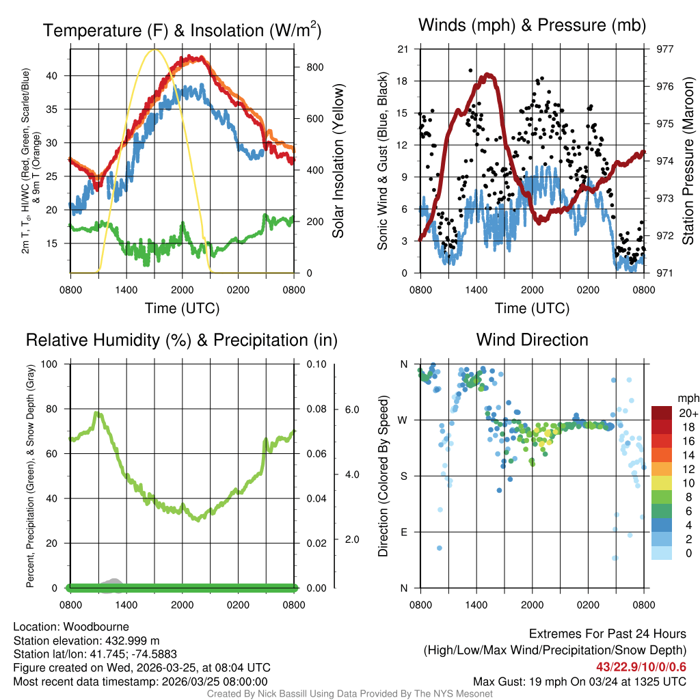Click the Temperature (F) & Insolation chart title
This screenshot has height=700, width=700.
(x=182, y=30)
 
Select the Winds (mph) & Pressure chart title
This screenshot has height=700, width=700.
(x=532, y=25)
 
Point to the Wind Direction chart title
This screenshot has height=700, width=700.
(x=532, y=340)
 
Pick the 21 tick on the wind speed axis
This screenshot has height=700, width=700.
(x=403, y=49)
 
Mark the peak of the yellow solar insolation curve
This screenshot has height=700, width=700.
(x=154, y=49)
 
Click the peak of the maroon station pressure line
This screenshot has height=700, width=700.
(x=488, y=75)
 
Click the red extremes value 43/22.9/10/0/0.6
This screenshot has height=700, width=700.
(x=641, y=667)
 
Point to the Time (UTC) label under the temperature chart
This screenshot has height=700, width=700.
(x=182, y=308)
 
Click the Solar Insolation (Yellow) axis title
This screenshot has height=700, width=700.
(x=338, y=161)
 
